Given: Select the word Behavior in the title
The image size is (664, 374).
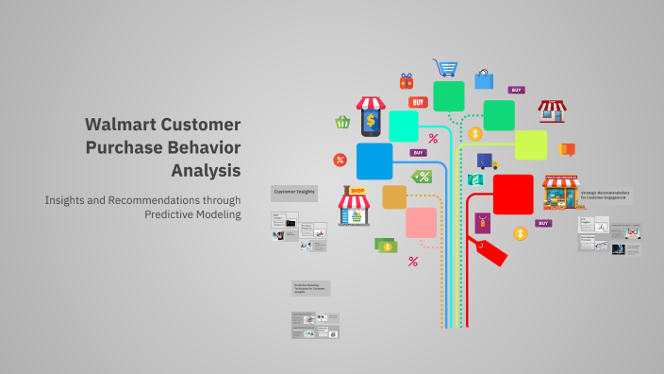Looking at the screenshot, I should [203, 147].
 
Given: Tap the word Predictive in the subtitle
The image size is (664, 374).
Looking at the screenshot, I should [175, 214].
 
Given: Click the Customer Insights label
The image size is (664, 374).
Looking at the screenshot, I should [294, 192].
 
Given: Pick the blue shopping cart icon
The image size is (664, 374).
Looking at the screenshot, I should [445, 68].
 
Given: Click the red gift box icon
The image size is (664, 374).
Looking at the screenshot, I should [407, 81].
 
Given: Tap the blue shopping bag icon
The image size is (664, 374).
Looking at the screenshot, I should [484, 78].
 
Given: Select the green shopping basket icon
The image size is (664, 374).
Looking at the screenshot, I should [343, 122].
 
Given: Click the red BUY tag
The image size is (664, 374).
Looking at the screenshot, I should [418, 102].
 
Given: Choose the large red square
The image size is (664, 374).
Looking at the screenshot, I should [513, 195].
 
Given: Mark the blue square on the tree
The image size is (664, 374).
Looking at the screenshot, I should [374, 161].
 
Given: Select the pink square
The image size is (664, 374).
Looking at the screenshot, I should [422, 223].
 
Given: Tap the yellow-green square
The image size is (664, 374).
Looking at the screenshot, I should [531, 145].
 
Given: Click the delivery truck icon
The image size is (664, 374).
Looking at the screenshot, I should [487, 161].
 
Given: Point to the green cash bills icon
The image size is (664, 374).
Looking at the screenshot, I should [385, 246].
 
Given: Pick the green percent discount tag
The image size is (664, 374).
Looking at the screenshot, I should [422, 177].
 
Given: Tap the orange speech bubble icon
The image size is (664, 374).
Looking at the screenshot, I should [567, 149].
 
